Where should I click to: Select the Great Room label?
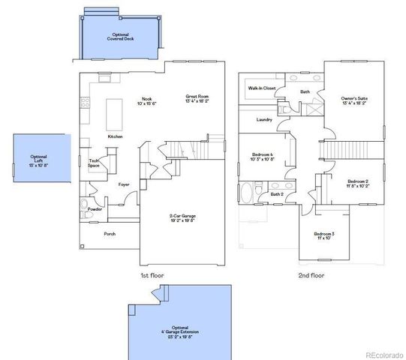tap(198, 98)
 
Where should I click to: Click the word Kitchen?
tap(115, 136)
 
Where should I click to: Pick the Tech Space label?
tap(95, 163)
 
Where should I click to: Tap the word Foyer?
tap(124, 183)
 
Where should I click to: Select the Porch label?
tap(110, 233)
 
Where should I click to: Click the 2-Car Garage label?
tap(182, 218)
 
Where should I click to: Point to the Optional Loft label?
tap(39, 160)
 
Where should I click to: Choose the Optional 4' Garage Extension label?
tap(181, 331)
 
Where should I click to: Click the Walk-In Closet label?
tap(262, 88)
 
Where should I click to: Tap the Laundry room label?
tap(263, 120)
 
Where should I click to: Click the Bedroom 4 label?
tap(261, 157)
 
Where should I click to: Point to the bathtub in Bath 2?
tap(248, 193)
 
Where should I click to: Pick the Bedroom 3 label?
tap(324, 235)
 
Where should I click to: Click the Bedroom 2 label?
tap(358, 184)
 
